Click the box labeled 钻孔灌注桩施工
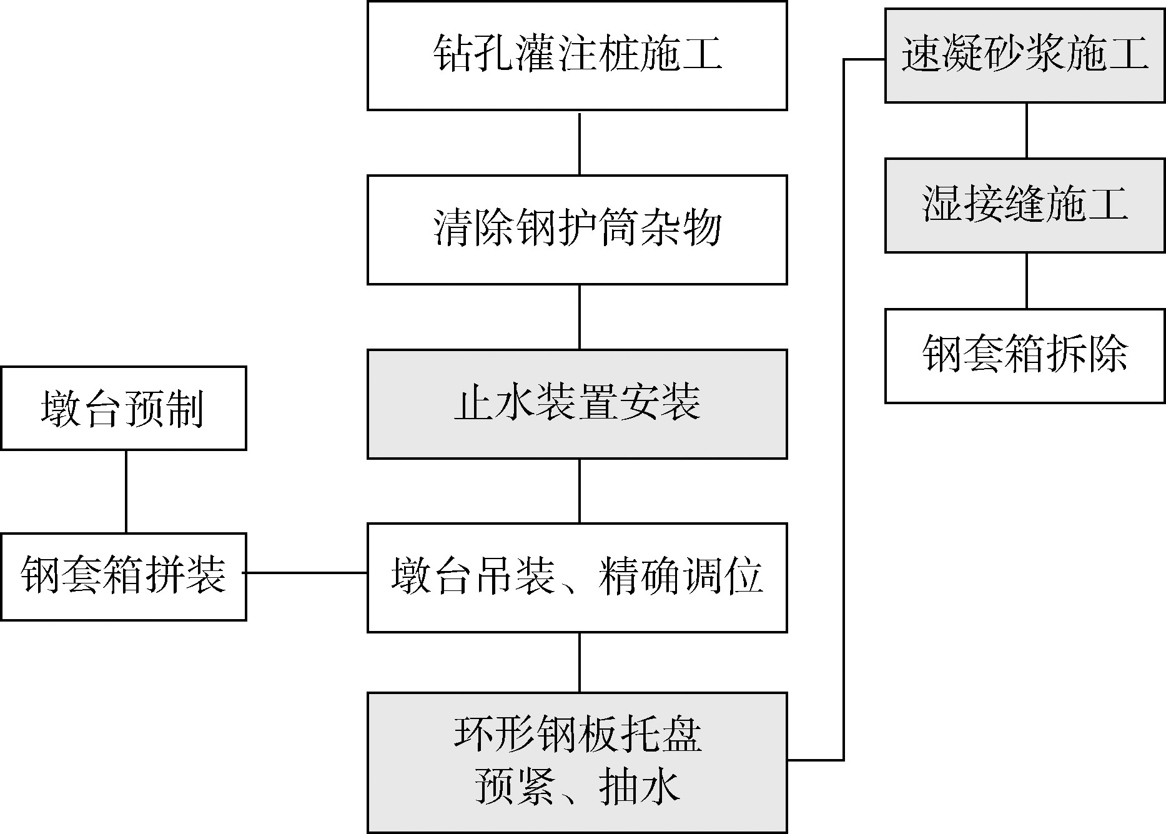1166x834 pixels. [x=577, y=56]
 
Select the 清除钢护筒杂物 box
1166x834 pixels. [x=577, y=230]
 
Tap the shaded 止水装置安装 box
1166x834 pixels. [x=577, y=404]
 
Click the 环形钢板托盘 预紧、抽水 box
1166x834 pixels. [x=577, y=762]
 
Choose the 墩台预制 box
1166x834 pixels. [x=124, y=409]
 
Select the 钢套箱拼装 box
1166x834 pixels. [x=124, y=577]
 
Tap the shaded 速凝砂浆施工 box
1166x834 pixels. [x=1025, y=56]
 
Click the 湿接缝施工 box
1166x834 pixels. [x=1025, y=206]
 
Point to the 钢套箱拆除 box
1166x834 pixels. [x=1025, y=355]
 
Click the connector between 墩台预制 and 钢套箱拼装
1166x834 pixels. [x=126, y=492]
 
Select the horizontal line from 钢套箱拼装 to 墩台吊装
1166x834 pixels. [x=307, y=572]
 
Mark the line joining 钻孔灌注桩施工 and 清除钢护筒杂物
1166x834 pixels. [x=580, y=143]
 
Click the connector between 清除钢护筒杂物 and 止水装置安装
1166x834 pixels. [x=580, y=317]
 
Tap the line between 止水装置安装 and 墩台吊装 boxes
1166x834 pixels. [x=580, y=491]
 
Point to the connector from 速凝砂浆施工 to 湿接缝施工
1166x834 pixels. [x=1027, y=131]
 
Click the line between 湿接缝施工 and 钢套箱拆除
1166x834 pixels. [x=1027, y=280]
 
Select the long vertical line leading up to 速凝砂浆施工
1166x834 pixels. [x=844, y=406]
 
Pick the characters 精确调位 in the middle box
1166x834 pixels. [x=680, y=576]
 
